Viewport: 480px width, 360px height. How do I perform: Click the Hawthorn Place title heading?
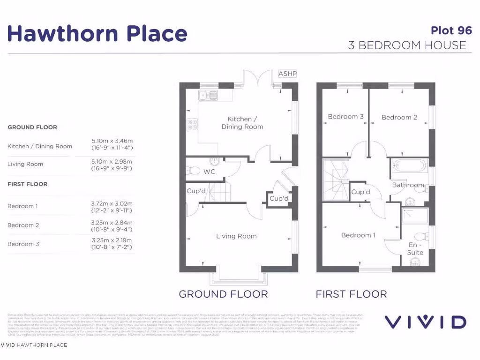point(97,34)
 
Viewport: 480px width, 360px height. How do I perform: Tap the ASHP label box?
point(287,74)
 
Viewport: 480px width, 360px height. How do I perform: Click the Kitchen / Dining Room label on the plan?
point(242,123)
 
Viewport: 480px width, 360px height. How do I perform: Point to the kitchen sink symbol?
point(208,95)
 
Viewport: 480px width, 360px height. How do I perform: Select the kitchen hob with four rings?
point(192,125)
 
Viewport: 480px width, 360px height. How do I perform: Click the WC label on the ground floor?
point(209,172)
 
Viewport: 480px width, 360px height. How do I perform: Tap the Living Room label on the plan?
point(236,236)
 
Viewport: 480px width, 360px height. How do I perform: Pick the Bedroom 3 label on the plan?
point(345,117)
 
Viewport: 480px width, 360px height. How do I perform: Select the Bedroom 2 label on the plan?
point(399,117)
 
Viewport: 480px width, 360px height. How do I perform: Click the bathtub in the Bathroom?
point(409,165)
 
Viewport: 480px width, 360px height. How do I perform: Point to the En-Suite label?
point(415,248)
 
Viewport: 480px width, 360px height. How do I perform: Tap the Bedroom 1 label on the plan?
point(358,235)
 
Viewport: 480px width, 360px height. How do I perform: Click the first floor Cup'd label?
point(360,192)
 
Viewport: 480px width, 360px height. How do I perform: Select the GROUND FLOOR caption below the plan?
point(223,294)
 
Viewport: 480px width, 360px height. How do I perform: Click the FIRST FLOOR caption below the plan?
point(351,294)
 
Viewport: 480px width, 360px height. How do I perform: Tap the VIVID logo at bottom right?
point(425,322)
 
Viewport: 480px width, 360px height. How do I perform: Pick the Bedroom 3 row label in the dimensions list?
point(23,244)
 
